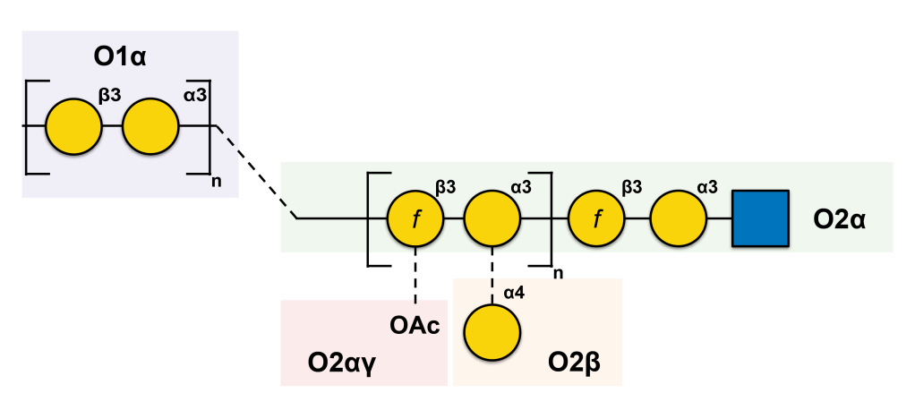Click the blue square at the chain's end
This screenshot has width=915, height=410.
click(x=760, y=218)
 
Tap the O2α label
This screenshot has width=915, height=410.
click(x=838, y=218)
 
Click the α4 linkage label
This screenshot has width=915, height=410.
click(x=514, y=292)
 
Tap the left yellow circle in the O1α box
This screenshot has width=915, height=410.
click(x=73, y=127)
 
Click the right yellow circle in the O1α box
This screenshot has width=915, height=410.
click(x=151, y=127)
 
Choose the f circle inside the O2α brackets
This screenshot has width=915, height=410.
click(x=415, y=218)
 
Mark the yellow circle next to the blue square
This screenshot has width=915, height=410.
click(x=678, y=218)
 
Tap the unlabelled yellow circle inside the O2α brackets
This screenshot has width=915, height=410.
click(x=492, y=218)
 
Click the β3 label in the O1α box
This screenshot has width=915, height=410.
click(x=109, y=92)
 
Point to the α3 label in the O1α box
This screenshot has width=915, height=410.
click(x=195, y=92)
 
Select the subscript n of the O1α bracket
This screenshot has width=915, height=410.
click(x=215, y=182)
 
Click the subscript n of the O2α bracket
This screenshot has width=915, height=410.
click(x=558, y=273)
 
